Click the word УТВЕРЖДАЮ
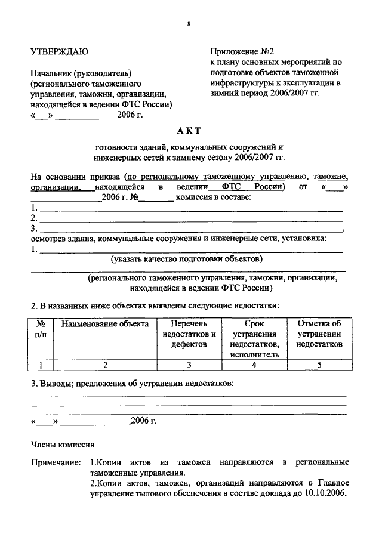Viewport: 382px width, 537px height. pos(60,52)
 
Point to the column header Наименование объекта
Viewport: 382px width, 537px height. pos(104,324)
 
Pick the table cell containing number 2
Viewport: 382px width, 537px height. pos(104,366)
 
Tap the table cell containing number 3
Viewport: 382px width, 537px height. pos(189,366)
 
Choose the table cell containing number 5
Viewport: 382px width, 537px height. pos(319,366)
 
